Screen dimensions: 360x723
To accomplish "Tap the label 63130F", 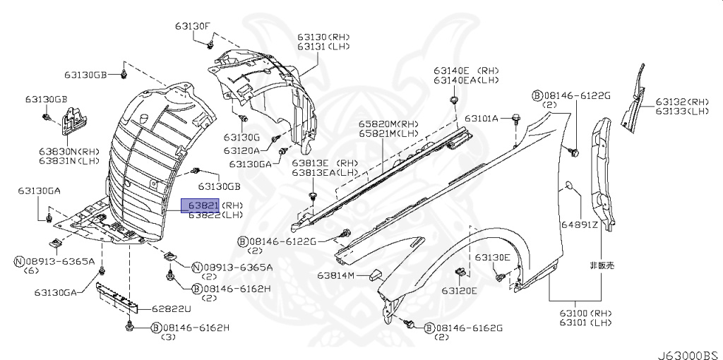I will click(193, 26).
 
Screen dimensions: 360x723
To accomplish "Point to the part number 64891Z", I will click(580, 225).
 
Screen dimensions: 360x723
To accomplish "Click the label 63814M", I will click(335, 275).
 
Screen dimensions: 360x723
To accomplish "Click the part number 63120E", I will click(460, 290).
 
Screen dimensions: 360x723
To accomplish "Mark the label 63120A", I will click(242, 150).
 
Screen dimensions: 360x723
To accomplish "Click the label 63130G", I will click(242, 137).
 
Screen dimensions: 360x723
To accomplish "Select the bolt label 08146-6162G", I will click(469, 328).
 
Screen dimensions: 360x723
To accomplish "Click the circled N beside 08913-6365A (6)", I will click(19, 261).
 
